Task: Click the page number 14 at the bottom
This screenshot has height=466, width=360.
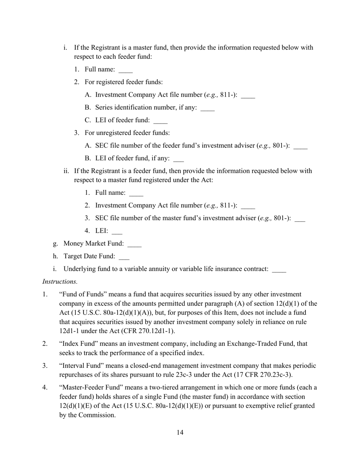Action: click(x=180, y=433)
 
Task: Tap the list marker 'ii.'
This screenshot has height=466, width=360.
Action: click(x=66, y=171)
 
